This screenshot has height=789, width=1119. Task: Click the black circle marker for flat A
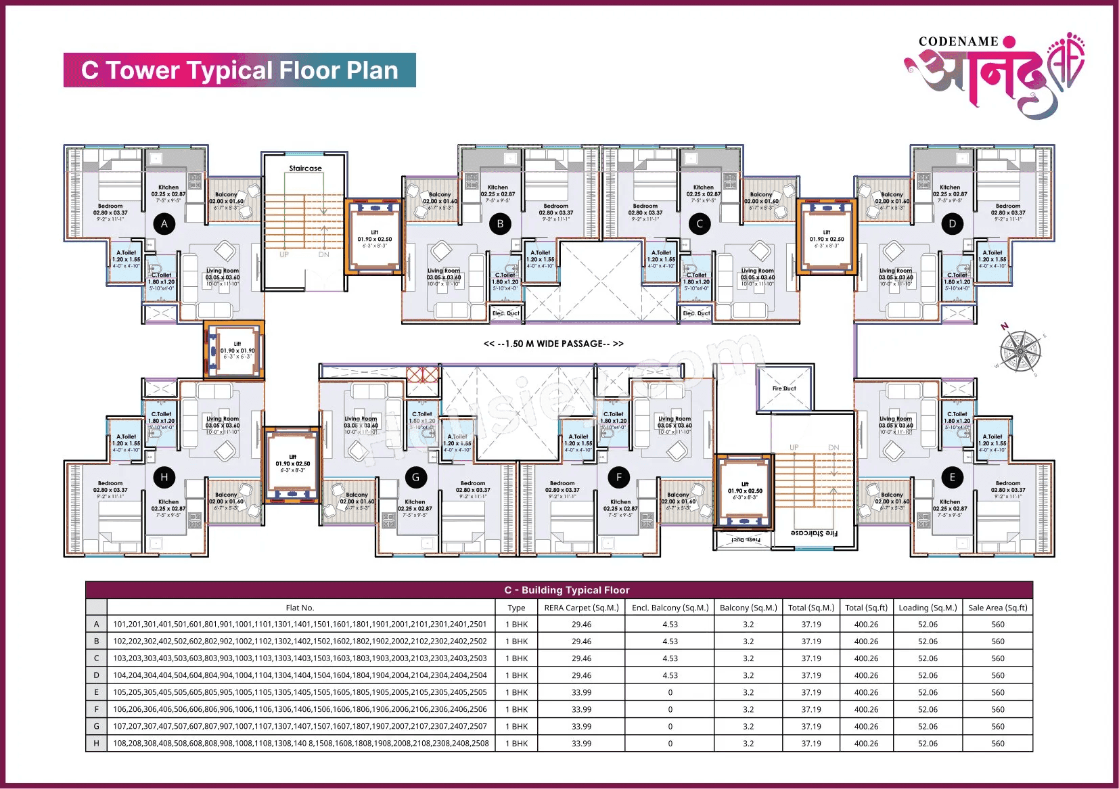pos(164,224)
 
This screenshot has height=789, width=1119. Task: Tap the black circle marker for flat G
pos(415,477)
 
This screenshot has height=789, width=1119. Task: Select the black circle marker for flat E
pos(952,477)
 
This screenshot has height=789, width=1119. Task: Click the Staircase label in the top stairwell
pos(305,168)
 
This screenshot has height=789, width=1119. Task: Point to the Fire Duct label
pos(784,388)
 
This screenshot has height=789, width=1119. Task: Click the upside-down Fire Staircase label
pos(814,533)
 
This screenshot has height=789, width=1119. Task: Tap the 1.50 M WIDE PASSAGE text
pos(553,344)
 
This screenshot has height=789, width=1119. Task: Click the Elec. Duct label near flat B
pos(505,313)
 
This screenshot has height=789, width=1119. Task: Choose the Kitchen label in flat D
pos(950,187)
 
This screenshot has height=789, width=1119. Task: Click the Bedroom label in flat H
pos(110,483)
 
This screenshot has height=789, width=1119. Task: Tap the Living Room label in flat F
pos(675,419)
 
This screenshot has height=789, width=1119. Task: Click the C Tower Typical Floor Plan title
pos(239,70)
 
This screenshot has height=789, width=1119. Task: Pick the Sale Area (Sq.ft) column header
pos(997,608)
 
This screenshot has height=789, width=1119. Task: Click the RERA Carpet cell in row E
pos(581,692)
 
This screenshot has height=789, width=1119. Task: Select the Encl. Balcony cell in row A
pos(670,625)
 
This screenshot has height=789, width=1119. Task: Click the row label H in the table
pos(96,743)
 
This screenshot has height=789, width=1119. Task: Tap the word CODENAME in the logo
pos(958,42)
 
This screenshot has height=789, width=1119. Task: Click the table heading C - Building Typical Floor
pos(567,590)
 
